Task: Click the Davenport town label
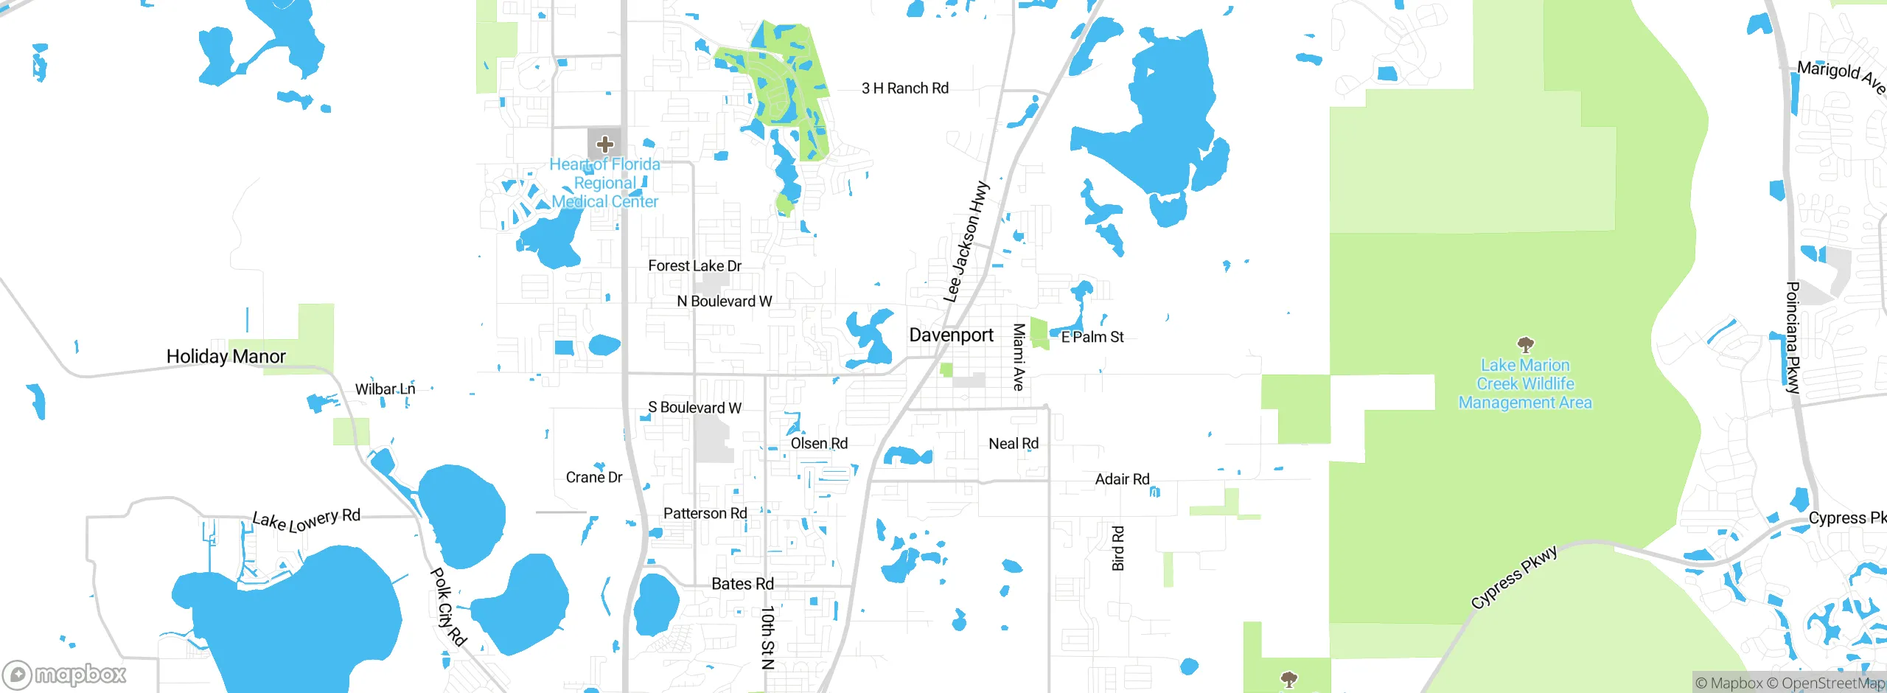(951, 335)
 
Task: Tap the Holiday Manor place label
(226, 357)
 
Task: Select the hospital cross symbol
(605, 144)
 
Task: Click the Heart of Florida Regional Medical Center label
(605, 183)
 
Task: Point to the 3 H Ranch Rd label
(905, 88)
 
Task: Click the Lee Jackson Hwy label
(966, 242)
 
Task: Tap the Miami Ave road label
(1019, 357)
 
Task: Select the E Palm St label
(1092, 337)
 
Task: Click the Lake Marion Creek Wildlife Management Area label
(1525, 384)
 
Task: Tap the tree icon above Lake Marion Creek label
(1525, 344)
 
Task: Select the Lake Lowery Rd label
(307, 520)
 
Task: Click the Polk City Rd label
(448, 606)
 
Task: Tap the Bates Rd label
(742, 584)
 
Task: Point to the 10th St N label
(767, 637)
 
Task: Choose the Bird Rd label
(1118, 549)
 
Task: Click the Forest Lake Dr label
(694, 266)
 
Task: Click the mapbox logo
(65, 675)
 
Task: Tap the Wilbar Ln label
(385, 389)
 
